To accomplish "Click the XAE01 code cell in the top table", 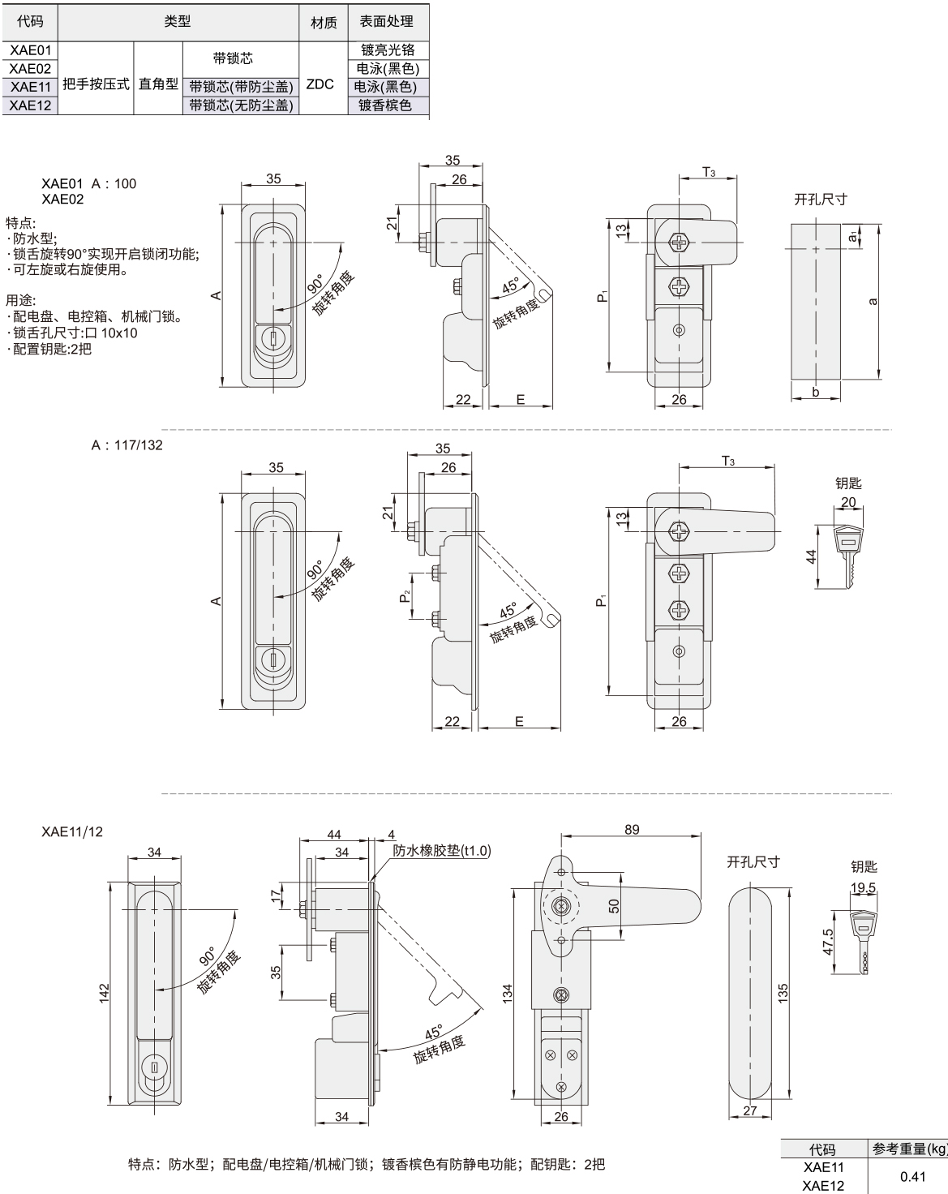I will point(30,50).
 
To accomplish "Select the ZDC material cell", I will point(321,84).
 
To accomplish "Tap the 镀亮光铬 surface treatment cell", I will point(388,50).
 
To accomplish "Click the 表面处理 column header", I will point(388,22).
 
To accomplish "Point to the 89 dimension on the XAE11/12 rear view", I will point(632,829).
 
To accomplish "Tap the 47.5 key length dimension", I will point(828,942).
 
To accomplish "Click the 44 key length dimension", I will point(811,556).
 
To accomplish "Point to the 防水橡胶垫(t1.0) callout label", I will point(442,850).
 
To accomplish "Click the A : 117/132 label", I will point(127,445).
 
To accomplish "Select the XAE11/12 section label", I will point(72,831).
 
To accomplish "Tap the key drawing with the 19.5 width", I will point(863,941).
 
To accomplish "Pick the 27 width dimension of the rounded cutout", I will point(749,1110).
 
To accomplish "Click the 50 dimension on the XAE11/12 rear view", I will point(614,904).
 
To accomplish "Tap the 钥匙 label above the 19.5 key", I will point(864,867).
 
